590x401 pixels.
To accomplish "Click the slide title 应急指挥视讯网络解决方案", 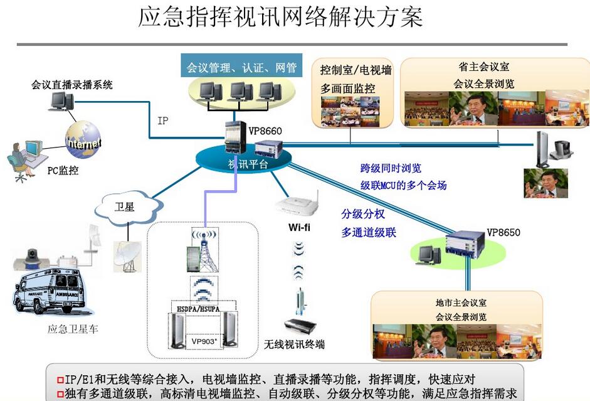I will point(280,17).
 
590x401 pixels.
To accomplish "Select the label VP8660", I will point(265,131).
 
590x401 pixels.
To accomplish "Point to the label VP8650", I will point(503,232).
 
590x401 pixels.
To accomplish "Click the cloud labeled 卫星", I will point(125,208).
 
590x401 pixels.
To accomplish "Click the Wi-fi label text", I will point(299,227).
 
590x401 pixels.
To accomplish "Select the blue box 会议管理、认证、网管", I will point(242,68).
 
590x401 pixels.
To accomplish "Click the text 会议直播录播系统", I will point(72,85).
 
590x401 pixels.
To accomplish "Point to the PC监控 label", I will point(63,170).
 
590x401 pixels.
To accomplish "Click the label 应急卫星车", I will point(73,329).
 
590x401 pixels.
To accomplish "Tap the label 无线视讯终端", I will point(294,344).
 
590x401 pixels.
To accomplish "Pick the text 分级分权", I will point(363,214).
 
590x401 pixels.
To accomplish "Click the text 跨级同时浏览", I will point(391,168).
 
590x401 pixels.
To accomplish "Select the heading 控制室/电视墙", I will point(356,70).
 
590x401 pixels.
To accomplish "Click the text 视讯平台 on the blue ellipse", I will point(248,164).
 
